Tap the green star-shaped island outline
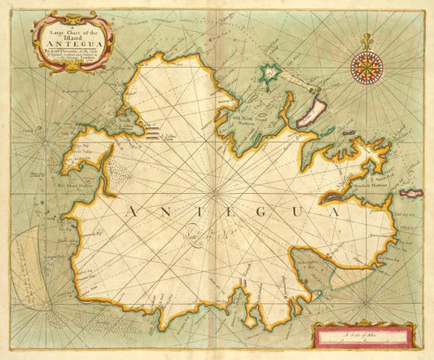pyautogui.click(x=270, y=76)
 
